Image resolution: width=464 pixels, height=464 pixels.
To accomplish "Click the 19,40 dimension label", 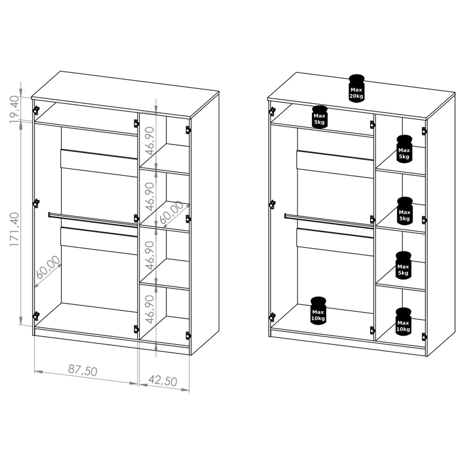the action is pyautogui.click(x=14, y=109).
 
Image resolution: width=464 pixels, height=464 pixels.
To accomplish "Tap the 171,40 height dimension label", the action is pyautogui.click(x=14, y=229).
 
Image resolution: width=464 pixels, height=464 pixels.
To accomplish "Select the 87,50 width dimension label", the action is pyautogui.click(x=83, y=370).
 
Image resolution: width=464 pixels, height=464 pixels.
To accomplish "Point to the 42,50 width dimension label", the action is pyautogui.click(x=162, y=380).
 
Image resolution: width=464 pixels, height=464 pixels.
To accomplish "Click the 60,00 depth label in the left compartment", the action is pyautogui.click(x=48, y=267).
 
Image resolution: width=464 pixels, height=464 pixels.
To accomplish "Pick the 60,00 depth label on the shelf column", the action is pyautogui.click(x=171, y=212).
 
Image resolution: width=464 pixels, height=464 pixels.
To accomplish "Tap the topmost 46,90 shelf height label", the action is pyautogui.click(x=150, y=141).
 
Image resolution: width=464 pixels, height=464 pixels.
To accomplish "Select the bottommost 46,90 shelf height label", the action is pyautogui.click(x=150, y=309).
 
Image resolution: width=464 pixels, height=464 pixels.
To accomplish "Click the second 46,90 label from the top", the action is pyautogui.click(x=150, y=196).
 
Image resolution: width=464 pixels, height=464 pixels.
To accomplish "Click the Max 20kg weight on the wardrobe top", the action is pyautogui.click(x=356, y=89).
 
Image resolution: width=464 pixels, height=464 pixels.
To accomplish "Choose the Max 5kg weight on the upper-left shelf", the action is pyautogui.click(x=319, y=117).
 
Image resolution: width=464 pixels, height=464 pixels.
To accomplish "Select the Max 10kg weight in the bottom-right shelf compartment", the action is pyautogui.click(x=403, y=322).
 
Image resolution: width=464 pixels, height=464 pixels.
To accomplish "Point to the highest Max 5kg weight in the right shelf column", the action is pyautogui.click(x=404, y=149).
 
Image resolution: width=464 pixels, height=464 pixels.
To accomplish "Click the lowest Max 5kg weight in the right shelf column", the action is pyautogui.click(x=403, y=265).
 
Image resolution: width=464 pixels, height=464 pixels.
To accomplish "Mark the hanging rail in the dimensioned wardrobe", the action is pyautogui.click(x=93, y=219).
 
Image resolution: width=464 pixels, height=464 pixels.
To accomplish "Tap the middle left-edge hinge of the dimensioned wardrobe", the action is pyautogui.click(x=36, y=203).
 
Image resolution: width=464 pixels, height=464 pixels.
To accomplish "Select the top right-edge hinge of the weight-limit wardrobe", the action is pyautogui.click(x=425, y=131).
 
